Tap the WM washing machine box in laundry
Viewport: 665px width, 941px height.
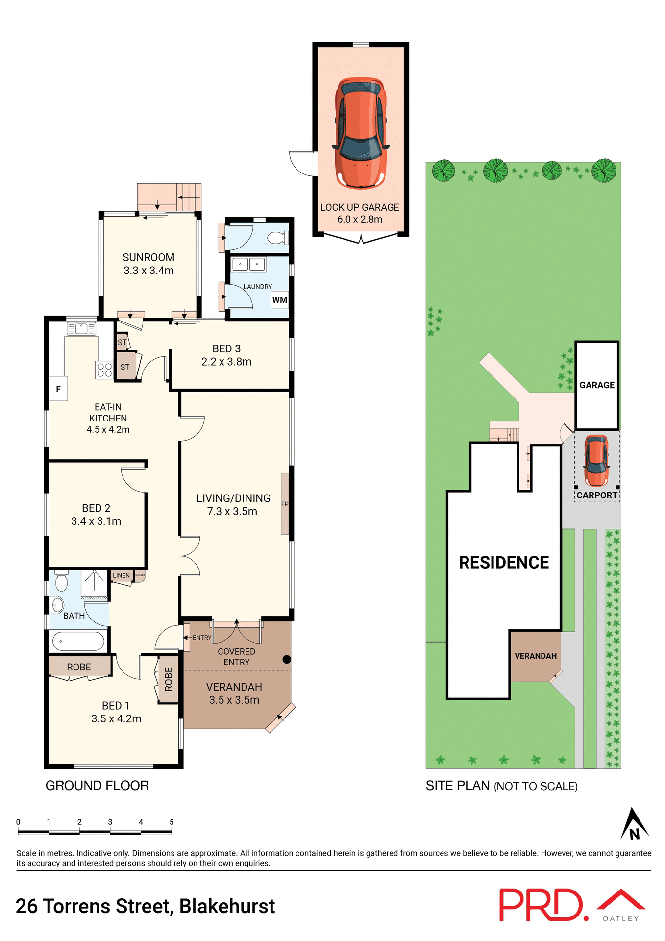tap(280, 300)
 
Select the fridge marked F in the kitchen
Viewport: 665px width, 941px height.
tap(58, 389)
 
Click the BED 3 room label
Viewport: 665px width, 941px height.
tap(226, 349)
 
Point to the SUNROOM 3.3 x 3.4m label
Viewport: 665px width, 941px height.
tap(148, 264)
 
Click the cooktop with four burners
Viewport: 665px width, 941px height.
tap(104, 370)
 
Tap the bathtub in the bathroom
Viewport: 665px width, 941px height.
tap(78, 641)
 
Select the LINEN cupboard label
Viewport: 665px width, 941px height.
tap(121, 576)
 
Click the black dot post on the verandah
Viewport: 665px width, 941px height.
tap(287, 659)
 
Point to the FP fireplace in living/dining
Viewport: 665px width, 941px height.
tap(285, 504)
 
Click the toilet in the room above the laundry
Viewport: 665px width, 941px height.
tap(278, 239)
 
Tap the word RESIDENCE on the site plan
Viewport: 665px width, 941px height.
tap(504, 563)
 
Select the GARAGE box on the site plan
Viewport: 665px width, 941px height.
tap(597, 385)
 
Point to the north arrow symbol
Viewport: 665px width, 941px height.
tap(634, 825)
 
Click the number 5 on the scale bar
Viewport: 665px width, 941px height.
tap(172, 822)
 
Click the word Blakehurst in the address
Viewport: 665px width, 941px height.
tap(227, 906)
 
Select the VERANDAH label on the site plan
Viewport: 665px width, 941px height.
tap(536, 656)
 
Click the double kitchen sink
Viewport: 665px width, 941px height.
tap(81, 329)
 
